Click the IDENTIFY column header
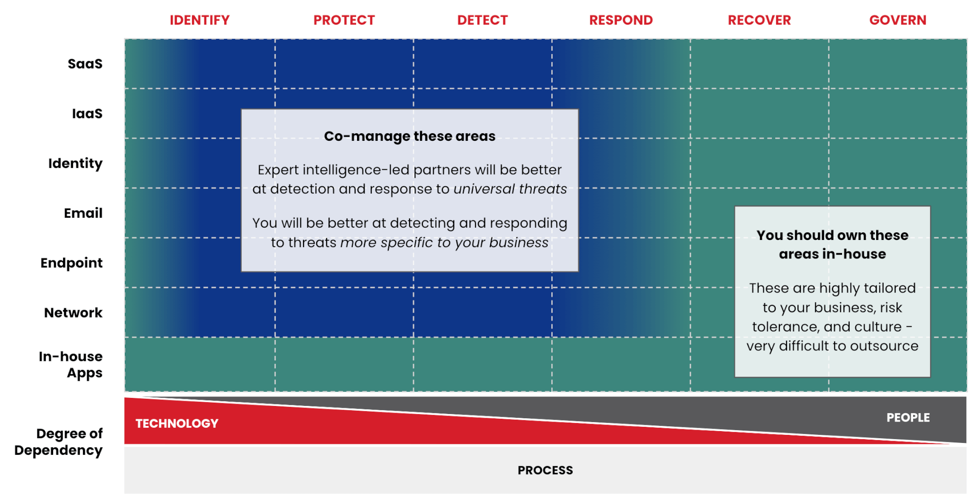pyautogui.click(x=200, y=20)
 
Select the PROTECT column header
pyautogui.click(x=344, y=20)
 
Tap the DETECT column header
pyautogui.click(x=483, y=20)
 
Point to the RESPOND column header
pyautogui.click(x=621, y=20)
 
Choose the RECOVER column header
pyautogui.click(x=760, y=20)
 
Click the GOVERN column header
pyautogui.click(x=898, y=20)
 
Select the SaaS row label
pyautogui.click(x=85, y=64)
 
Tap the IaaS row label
pyautogui.click(x=87, y=113)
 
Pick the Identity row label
pyautogui.click(x=75, y=164)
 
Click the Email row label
pyautogui.click(x=83, y=213)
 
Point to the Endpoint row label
pyautogui.click(x=72, y=263)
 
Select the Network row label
pyautogui.click(x=73, y=313)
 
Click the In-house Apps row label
pyautogui.click(x=71, y=365)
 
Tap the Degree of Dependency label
pyautogui.click(x=59, y=442)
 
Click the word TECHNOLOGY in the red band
pyautogui.click(x=177, y=423)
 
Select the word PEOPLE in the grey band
pyautogui.click(x=908, y=417)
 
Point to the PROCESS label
pyautogui.click(x=545, y=470)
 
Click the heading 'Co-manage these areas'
pyautogui.click(x=410, y=136)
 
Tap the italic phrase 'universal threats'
pyautogui.click(x=510, y=189)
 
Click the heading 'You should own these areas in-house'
pyautogui.click(x=833, y=244)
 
